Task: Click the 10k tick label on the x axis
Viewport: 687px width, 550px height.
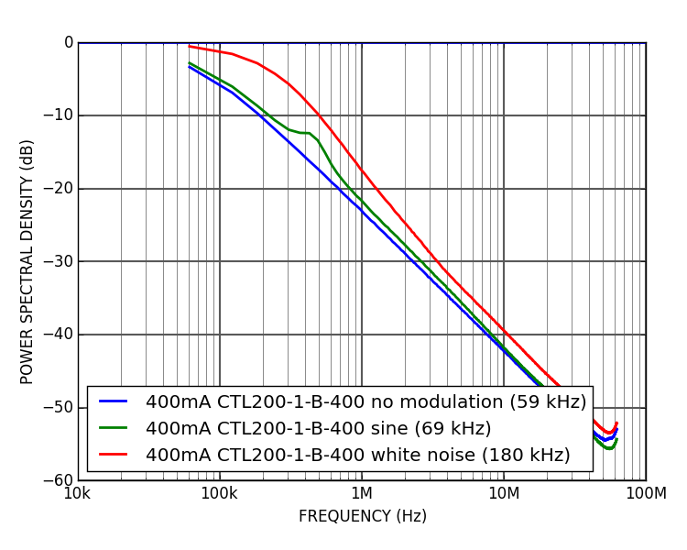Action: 77,495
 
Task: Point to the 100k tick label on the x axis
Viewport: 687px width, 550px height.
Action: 219,495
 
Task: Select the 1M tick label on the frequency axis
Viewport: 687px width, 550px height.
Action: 362,495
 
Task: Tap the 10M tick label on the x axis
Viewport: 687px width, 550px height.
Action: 504,495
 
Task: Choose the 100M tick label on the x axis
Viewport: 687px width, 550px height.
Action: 646,495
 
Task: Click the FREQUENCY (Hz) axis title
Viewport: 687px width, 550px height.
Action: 362,516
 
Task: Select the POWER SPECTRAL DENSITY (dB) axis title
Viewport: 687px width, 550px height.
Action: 27,261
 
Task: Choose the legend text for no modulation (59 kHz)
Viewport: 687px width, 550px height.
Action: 365,402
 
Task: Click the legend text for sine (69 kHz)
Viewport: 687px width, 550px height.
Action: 318,429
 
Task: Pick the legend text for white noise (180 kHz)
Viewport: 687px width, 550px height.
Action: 357,456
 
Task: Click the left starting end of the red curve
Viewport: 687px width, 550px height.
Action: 190,46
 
